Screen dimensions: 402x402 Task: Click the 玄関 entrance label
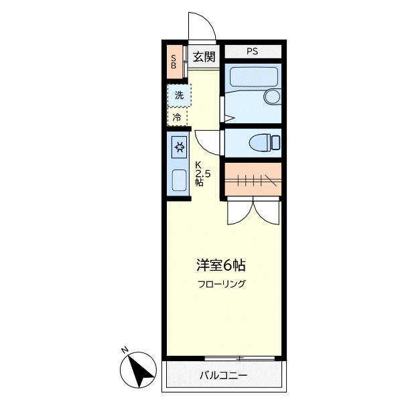click(x=204, y=57)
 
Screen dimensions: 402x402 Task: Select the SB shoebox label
click(x=174, y=62)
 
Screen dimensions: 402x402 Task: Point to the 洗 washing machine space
click(x=178, y=95)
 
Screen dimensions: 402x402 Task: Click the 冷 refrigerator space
click(x=177, y=117)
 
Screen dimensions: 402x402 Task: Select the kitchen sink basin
click(x=179, y=180)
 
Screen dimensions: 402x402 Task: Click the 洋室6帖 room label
click(x=216, y=263)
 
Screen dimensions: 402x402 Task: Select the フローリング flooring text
click(x=222, y=283)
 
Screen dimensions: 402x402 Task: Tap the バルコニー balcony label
click(x=223, y=375)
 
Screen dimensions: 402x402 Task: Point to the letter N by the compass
click(x=125, y=350)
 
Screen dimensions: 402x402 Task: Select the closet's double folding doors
click(x=252, y=212)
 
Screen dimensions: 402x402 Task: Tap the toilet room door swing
click(x=207, y=139)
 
